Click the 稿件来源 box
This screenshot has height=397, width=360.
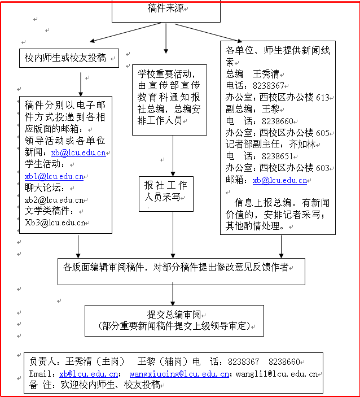pyautogui.click(x=165, y=9)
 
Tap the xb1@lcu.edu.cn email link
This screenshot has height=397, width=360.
pyautogui.click(x=54, y=176)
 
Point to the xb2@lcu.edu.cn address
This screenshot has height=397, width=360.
pyautogui.click(x=54, y=199)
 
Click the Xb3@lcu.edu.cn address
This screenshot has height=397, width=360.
pyautogui.click(x=54, y=222)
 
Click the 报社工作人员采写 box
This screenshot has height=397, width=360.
pyautogui.click(x=165, y=193)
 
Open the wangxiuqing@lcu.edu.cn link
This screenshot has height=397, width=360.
pyautogui.click(x=179, y=374)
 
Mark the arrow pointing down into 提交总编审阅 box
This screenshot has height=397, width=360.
pyautogui.click(x=172, y=295)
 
